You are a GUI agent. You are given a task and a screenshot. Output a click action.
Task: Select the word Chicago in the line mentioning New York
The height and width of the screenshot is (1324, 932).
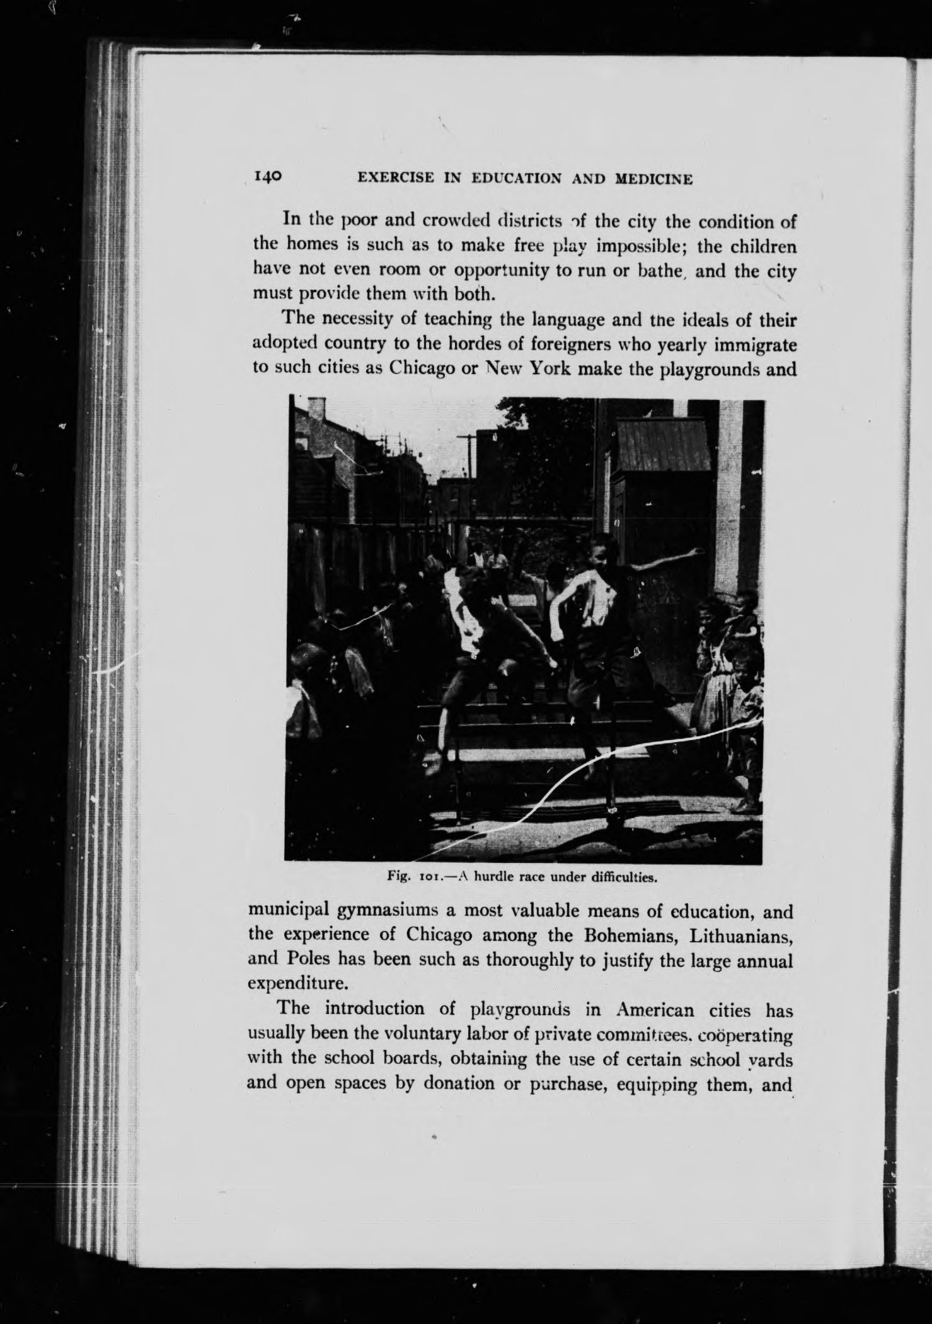[422, 367]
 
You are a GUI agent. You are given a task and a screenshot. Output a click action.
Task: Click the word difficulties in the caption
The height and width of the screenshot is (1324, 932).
[621, 876]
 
